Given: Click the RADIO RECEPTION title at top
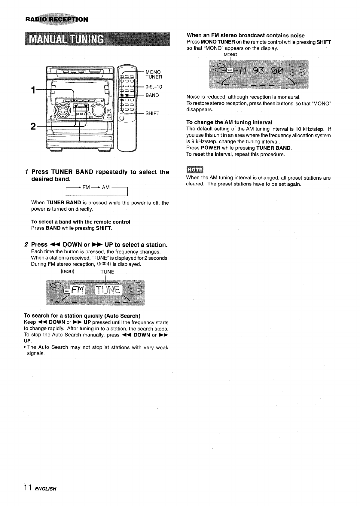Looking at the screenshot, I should coord(57,20).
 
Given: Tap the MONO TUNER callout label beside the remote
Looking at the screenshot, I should coord(154,75).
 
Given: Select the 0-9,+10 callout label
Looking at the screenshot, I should coord(154,87).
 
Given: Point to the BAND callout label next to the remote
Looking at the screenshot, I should coord(152,95).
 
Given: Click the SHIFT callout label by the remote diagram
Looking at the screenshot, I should coord(152,113).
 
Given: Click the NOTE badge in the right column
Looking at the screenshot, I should coord(195,170).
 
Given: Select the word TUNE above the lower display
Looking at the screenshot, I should coord(107,272).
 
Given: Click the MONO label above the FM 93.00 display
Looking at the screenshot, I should coord(231,55).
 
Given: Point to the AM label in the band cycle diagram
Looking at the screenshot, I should coord(106,187).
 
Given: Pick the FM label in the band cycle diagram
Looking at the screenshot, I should coord(86,187).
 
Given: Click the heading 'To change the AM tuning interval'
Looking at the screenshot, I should coord(229,122).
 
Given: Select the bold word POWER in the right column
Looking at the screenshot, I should coord(211,148).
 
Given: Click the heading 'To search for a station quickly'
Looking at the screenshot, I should coord(82,316).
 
